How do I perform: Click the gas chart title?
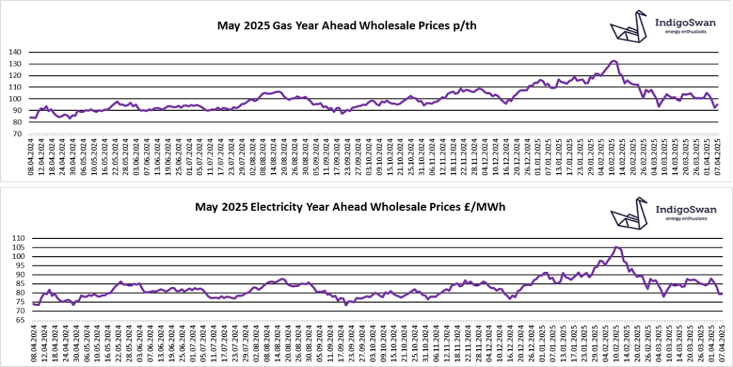[347, 26]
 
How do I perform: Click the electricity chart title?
[346, 208]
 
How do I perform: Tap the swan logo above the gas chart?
[629, 26]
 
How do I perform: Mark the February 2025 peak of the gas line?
[614, 62]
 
